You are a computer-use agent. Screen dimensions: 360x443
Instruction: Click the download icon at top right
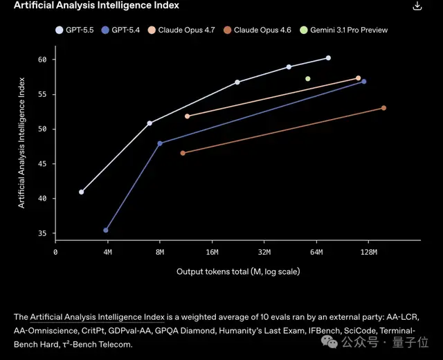coord(417,6)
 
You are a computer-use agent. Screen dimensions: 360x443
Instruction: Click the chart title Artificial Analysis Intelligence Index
coord(96,6)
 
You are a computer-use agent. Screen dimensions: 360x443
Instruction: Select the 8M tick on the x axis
coord(160,253)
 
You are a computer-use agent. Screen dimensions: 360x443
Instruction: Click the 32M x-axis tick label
coord(264,253)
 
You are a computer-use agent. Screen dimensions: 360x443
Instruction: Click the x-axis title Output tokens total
coord(238,271)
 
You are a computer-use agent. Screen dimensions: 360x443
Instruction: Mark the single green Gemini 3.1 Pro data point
coord(307,79)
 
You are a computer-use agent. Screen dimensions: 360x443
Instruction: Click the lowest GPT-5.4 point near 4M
coord(106,230)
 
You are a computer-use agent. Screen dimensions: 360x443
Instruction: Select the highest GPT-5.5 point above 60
coord(328,58)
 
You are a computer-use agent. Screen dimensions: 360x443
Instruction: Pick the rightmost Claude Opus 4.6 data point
coord(383,108)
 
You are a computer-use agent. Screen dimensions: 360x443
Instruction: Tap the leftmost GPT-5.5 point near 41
coord(81,192)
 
